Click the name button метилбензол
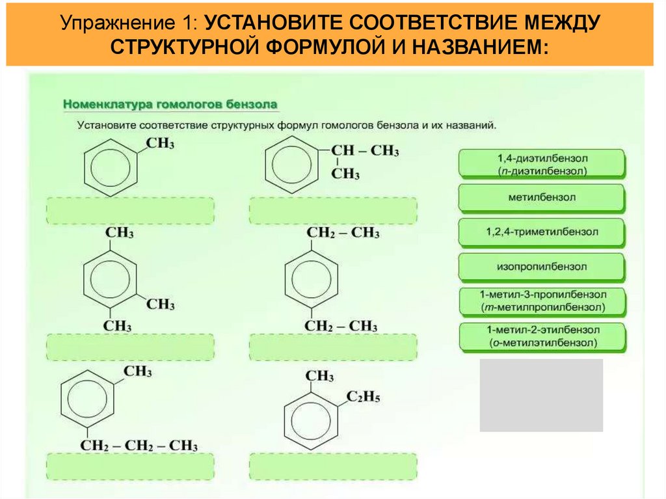pos(542,197)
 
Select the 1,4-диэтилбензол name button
pos(542,164)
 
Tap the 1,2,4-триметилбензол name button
pos(542,232)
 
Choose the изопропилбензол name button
pos(542,267)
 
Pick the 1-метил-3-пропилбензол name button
pos(542,301)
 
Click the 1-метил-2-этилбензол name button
pos(542,336)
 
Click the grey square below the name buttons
pos(541,395)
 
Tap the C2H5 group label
pos(363,397)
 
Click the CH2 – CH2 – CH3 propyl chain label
pos(139,446)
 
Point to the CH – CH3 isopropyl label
pos(365,151)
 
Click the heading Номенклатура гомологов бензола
pos(170,103)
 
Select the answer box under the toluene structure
pos(130,211)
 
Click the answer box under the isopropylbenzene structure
pos(332,211)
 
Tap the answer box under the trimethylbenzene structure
pos(130,347)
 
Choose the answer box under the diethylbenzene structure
pos(332,347)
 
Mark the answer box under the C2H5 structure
pos(332,466)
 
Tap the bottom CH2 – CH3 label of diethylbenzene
pos(341,325)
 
